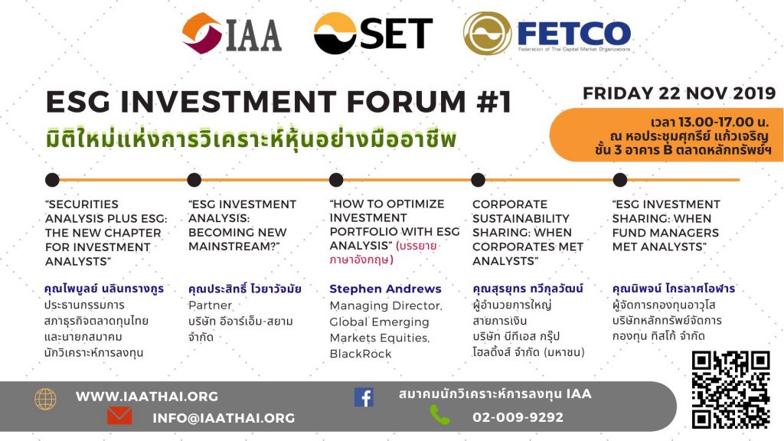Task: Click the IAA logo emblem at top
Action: (x=202, y=33)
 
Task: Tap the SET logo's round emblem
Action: (x=335, y=33)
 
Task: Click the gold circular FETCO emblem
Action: (x=487, y=33)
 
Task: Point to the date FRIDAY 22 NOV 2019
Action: (x=679, y=93)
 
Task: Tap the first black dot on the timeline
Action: (x=52, y=180)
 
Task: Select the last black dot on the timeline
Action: (x=620, y=180)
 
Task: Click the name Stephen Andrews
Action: (x=385, y=289)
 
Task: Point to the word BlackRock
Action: (x=360, y=354)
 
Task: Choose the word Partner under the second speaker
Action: (x=210, y=305)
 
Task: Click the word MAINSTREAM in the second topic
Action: (x=234, y=247)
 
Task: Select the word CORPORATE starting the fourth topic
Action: (x=509, y=204)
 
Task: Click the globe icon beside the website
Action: (x=45, y=399)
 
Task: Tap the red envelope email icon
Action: (x=119, y=416)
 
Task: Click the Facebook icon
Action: (x=364, y=397)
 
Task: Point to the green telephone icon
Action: (x=439, y=415)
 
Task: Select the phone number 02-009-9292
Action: (x=518, y=417)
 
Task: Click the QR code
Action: (x=730, y=390)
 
